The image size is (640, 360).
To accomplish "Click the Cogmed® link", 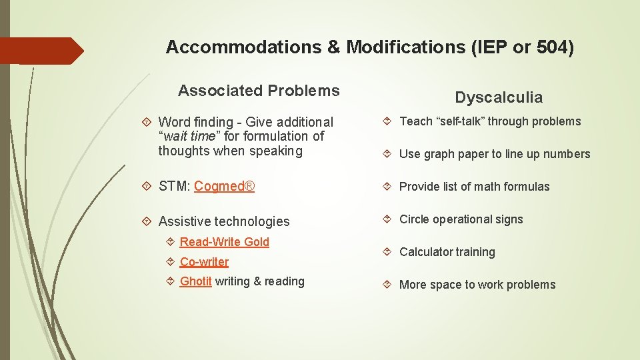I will tap(224, 186).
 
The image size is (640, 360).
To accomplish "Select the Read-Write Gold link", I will tap(224, 242).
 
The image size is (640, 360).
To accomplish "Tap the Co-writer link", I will tap(204, 262).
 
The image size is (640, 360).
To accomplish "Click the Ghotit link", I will tap(195, 281).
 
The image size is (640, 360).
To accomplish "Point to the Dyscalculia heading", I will tap(499, 97).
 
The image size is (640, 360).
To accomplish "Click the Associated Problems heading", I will tap(259, 91).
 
